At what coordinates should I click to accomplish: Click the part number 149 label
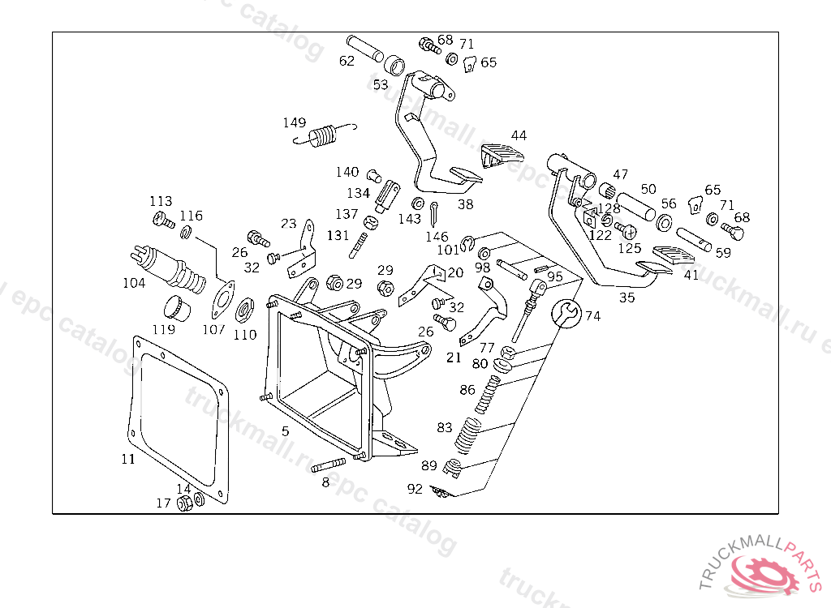(295, 123)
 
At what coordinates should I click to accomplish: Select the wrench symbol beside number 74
(566, 313)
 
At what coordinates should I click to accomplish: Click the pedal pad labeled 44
(502, 153)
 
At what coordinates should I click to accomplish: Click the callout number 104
(134, 283)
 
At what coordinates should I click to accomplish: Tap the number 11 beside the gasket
(128, 459)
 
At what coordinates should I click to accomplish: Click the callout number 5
(285, 430)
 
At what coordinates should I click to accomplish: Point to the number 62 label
(347, 61)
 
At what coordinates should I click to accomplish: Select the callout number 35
(627, 298)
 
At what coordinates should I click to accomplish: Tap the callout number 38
(465, 204)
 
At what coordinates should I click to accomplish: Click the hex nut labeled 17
(184, 503)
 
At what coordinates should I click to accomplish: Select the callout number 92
(415, 489)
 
